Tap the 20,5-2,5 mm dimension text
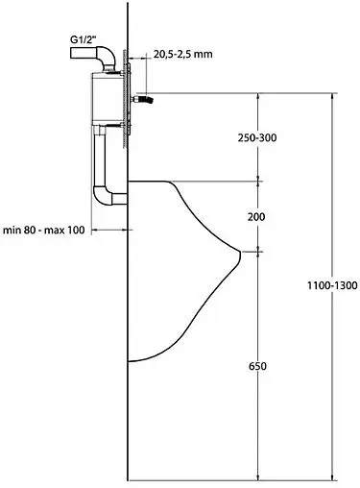point(182,55)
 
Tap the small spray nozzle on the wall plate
point(145,99)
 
